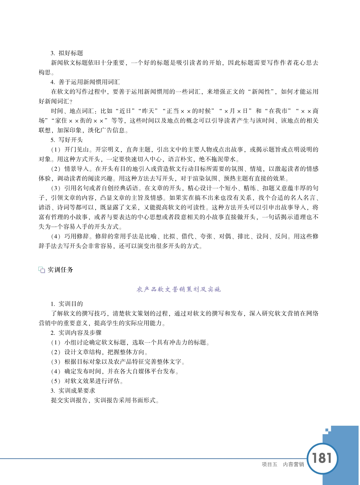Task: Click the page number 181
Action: coord(322,458)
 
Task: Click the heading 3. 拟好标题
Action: coord(67,53)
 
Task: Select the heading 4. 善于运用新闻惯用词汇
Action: coord(85,82)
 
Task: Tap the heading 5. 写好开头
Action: coord(67,140)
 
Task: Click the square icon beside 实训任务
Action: coord(42,270)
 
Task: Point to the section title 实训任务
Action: coord(60,270)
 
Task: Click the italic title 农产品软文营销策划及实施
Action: coord(178,289)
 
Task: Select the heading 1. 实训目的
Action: coord(67,304)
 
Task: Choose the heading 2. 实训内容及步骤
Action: coord(76,333)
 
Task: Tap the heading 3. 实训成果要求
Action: coord(73,391)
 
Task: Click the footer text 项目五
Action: coord(270,464)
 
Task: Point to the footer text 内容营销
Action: coord(293,464)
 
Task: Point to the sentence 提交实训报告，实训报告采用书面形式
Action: coord(105,400)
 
